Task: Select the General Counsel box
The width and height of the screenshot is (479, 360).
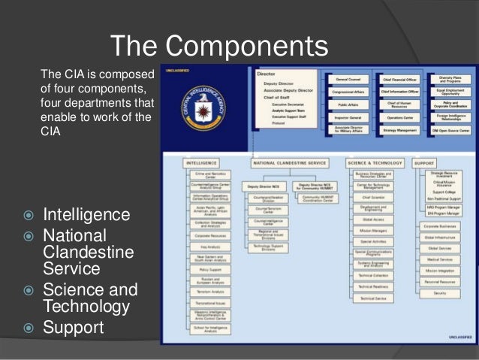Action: (346, 79)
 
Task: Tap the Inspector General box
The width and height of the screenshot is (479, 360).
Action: (346, 118)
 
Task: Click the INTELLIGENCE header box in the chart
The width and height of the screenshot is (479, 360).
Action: (201, 162)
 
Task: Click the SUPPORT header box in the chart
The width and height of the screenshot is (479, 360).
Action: (425, 162)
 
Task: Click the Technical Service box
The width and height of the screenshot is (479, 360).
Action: (372, 298)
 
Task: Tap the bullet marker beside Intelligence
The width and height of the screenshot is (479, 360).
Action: (28, 216)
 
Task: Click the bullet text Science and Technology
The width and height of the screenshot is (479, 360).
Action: (89, 298)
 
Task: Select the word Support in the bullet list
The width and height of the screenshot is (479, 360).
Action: (72, 328)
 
